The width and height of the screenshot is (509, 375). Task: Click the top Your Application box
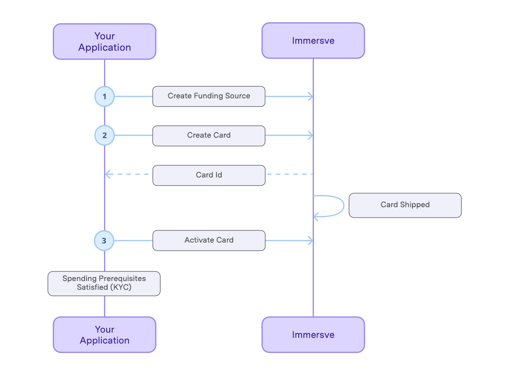[x=105, y=42]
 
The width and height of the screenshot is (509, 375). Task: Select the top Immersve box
[x=313, y=41]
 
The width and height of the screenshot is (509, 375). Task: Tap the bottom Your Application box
[x=105, y=335]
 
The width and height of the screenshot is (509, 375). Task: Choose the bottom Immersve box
[x=313, y=335]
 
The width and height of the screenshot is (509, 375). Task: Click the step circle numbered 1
[x=105, y=97]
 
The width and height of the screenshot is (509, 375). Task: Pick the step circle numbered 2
[x=105, y=135]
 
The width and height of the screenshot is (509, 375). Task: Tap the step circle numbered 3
[x=104, y=240]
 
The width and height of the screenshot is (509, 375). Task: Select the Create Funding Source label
[x=209, y=96]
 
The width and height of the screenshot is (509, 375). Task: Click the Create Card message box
[x=209, y=135]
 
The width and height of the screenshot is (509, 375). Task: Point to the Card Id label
[x=209, y=175]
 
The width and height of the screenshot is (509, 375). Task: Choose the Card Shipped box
[x=405, y=205]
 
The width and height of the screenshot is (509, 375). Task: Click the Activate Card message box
[x=209, y=240]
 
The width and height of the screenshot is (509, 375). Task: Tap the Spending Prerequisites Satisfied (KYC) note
[x=104, y=283]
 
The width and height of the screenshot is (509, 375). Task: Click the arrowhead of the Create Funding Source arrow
[x=311, y=97]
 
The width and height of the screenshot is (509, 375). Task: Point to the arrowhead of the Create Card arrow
[x=311, y=135]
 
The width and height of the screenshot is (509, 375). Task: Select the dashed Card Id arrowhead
[x=108, y=175]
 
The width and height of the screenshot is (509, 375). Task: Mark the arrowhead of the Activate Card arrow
[x=311, y=240]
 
